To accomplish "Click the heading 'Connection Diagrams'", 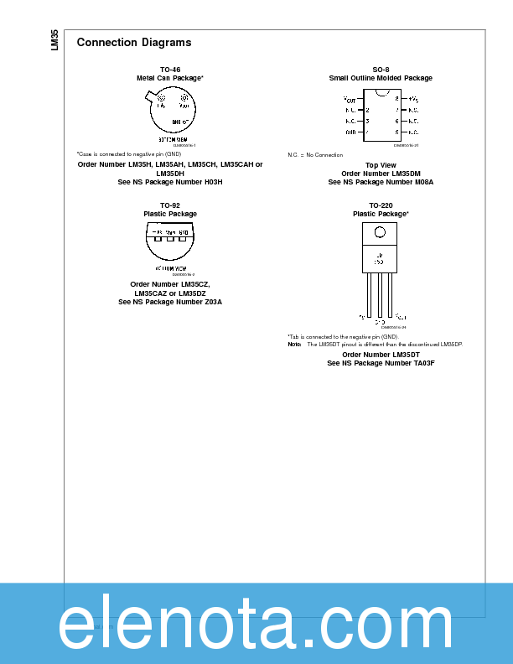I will tap(133, 43).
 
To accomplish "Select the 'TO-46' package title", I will tap(170, 70).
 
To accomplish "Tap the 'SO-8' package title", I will tap(381, 70).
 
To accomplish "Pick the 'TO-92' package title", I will tap(170, 205).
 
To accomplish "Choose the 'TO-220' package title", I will tap(381, 205).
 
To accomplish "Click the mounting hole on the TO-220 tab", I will tap(380, 232).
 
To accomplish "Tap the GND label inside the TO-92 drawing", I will tap(183, 232).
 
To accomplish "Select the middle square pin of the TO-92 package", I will tap(170, 238).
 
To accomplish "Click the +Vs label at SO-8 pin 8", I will tap(413, 99).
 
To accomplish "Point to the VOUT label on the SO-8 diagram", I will tap(350, 99).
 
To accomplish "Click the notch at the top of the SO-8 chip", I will tap(381, 91).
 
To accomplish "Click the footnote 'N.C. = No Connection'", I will tap(315, 155).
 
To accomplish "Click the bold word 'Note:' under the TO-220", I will tap(294, 345).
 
